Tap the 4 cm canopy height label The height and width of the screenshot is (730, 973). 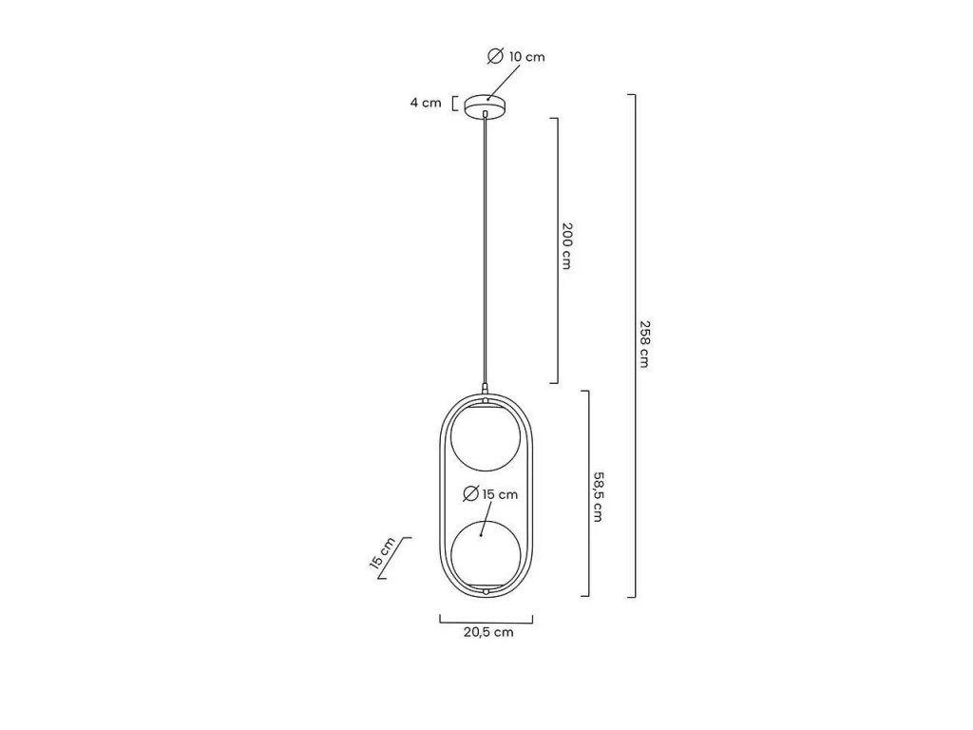click(x=426, y=103)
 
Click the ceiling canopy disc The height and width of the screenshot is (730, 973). click(x=486, y=103)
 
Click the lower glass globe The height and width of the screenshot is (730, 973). click(x=486, y=556)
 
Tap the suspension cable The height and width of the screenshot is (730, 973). click(x=486, y=247)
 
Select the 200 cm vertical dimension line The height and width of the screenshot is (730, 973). click(x=556, y=250)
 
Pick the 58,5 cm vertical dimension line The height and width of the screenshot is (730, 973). click(x=589, y=493)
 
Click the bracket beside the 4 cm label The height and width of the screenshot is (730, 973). click(x=454, y=103)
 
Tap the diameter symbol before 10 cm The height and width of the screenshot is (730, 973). click(x=495, y=57)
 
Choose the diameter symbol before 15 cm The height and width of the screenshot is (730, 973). click(x=469, y=494)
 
